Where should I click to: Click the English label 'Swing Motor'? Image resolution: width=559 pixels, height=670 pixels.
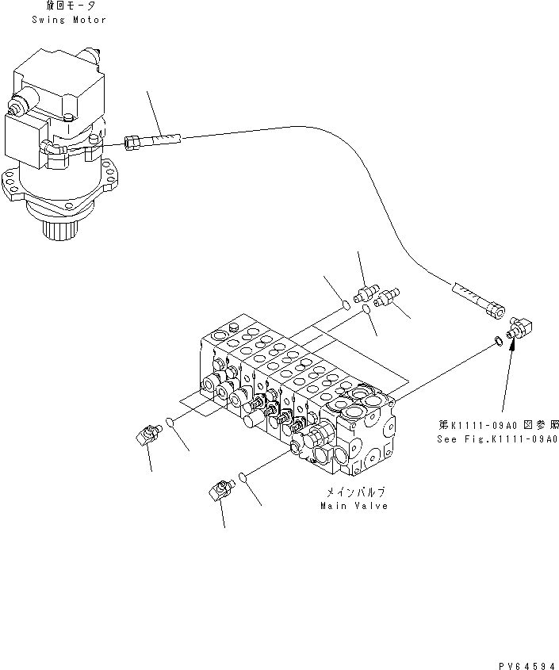(69, 19)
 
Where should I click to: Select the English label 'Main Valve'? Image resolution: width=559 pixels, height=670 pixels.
(354, 506)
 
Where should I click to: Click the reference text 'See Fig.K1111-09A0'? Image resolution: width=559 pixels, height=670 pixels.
(497, 438)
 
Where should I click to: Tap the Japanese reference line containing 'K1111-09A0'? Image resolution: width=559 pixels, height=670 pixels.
(497, 425)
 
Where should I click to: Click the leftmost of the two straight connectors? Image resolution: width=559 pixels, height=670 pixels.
(366, 296)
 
